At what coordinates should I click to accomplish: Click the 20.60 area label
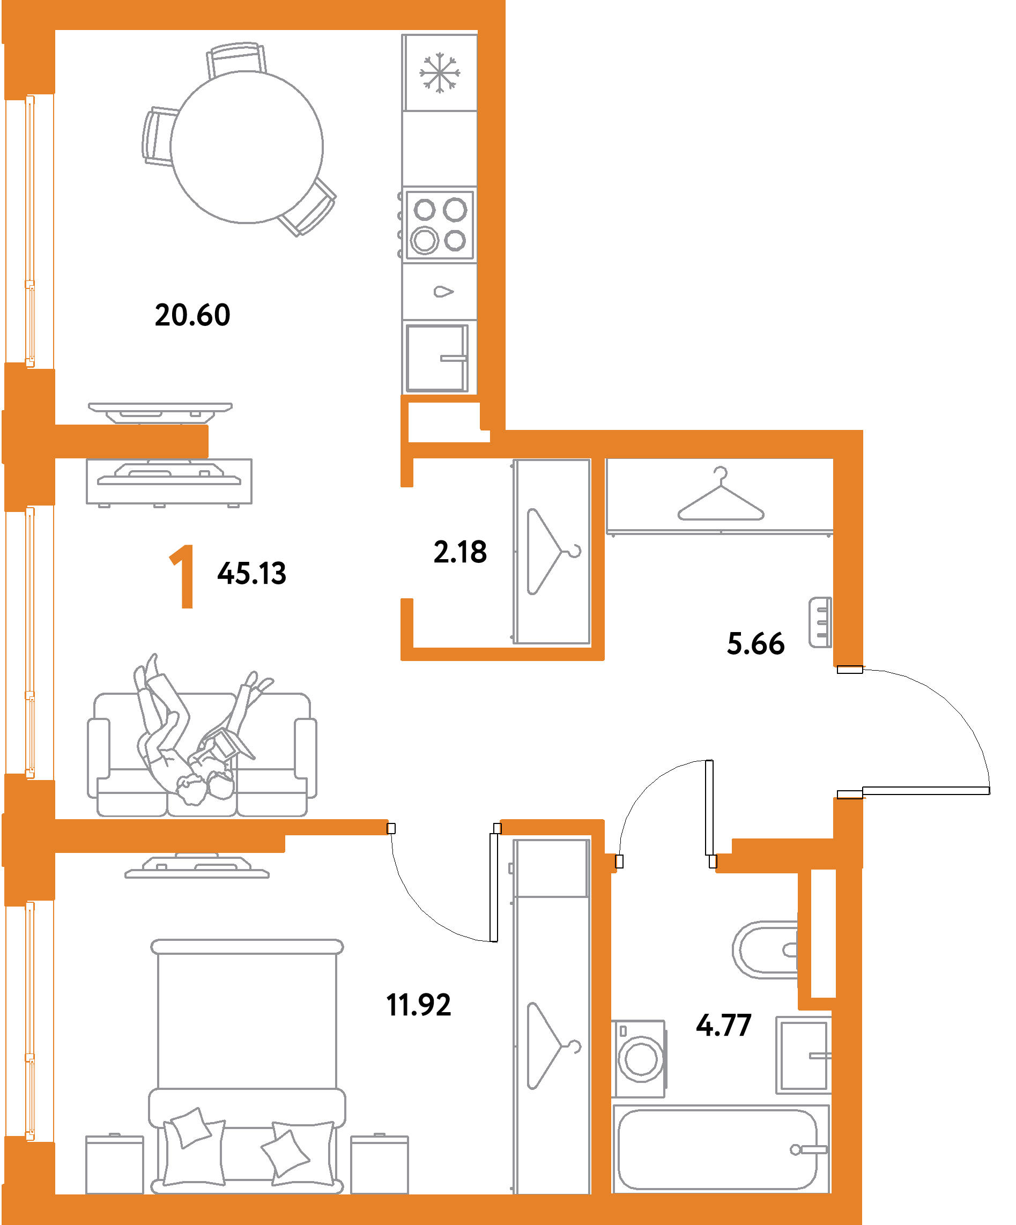point(192,315)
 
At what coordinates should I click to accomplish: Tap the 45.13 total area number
point(252,573)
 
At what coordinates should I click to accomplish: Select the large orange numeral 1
point(182,576)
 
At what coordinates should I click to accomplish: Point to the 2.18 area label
point(460,552)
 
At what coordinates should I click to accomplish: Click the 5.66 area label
point(755,643)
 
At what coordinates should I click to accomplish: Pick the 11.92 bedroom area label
point(419,1005)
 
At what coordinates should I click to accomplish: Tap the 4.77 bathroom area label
point(724,1025)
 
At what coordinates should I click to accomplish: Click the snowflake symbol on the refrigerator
point(440,73)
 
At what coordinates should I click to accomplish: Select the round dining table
point(247,147)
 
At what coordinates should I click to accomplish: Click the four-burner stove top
point(440,225)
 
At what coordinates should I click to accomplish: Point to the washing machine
point(639,1059)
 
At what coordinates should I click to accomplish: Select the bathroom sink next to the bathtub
point(803,1055)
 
